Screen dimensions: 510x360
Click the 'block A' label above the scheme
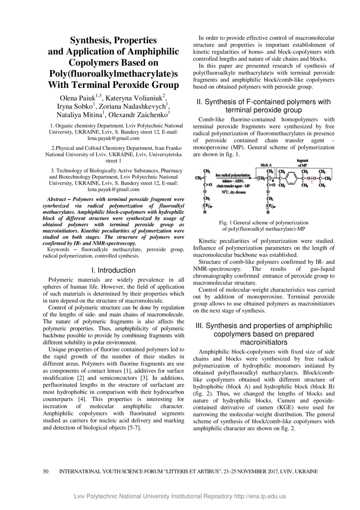[x=266, y=165]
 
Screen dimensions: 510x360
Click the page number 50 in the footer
[x=46, y=471]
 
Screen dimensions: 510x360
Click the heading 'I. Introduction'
[x=113, y=270]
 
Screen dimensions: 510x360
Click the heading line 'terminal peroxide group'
[x=263, y=110]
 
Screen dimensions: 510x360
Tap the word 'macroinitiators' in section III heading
[x=263, y=342]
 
